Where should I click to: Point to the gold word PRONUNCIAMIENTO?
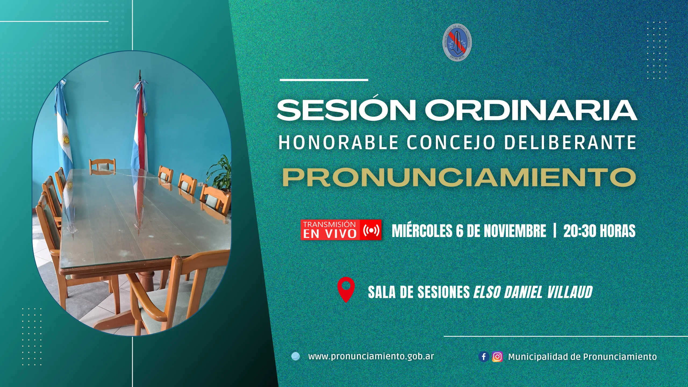click(459, 177)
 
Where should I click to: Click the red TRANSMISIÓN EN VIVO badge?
click(341, 230)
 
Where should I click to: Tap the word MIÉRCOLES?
click(422, 231)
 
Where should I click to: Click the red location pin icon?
click(346, 290)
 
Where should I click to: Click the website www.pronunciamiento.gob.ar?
click(371, 357)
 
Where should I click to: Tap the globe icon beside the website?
click(296, 356)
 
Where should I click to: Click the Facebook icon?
click(483, 357)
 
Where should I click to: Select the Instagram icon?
click(497, 357)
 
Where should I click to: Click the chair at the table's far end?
click(102, 166)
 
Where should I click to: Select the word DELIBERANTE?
click(570, 142)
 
